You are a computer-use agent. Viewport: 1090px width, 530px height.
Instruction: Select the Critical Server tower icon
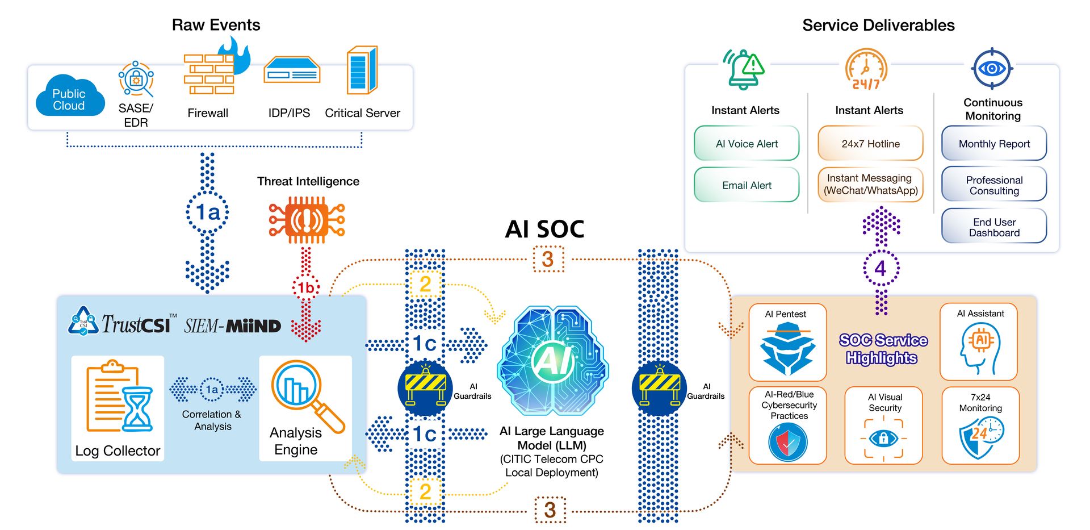pyautogui.click(x=362, y=70)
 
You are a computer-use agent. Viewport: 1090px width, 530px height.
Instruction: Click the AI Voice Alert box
pyautogui.click(x=746, y=144)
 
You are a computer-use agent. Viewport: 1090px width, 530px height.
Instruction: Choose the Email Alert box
pyautogui.click(x=746, y=185)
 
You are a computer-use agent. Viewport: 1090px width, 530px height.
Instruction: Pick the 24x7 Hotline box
pyautogui.click(x=870, y=144)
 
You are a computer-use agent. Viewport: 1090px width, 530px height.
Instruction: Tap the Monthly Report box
pyautogui.click(x=993, y=144)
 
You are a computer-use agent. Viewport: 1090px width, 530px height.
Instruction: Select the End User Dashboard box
pyautogui.click(x=993, y=227)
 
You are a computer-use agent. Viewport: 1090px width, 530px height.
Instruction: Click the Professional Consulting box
pyautogui.click(x=993, y=185)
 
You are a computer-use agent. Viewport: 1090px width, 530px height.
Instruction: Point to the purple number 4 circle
pyautogui.click(x=881, y=268)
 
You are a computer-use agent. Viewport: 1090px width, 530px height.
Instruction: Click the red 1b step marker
pyautogui.click(x=306, y=288)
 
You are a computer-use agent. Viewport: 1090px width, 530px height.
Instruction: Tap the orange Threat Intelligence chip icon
pyautogui.click(x=307, y=220)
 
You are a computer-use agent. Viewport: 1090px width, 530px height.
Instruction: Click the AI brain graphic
pyautogui.click(x=552, y=361)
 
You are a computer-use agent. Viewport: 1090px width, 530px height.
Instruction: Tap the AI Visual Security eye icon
pyautogui.click(x=883, y=438)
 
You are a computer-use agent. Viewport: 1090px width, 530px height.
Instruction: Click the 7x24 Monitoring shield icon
pyautogui.click(x=980, y=437)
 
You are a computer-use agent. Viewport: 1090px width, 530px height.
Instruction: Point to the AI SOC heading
pyautogui.click(x=544, y=229)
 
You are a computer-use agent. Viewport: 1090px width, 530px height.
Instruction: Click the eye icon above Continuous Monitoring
pyautogui.click(x=992, y=69)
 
